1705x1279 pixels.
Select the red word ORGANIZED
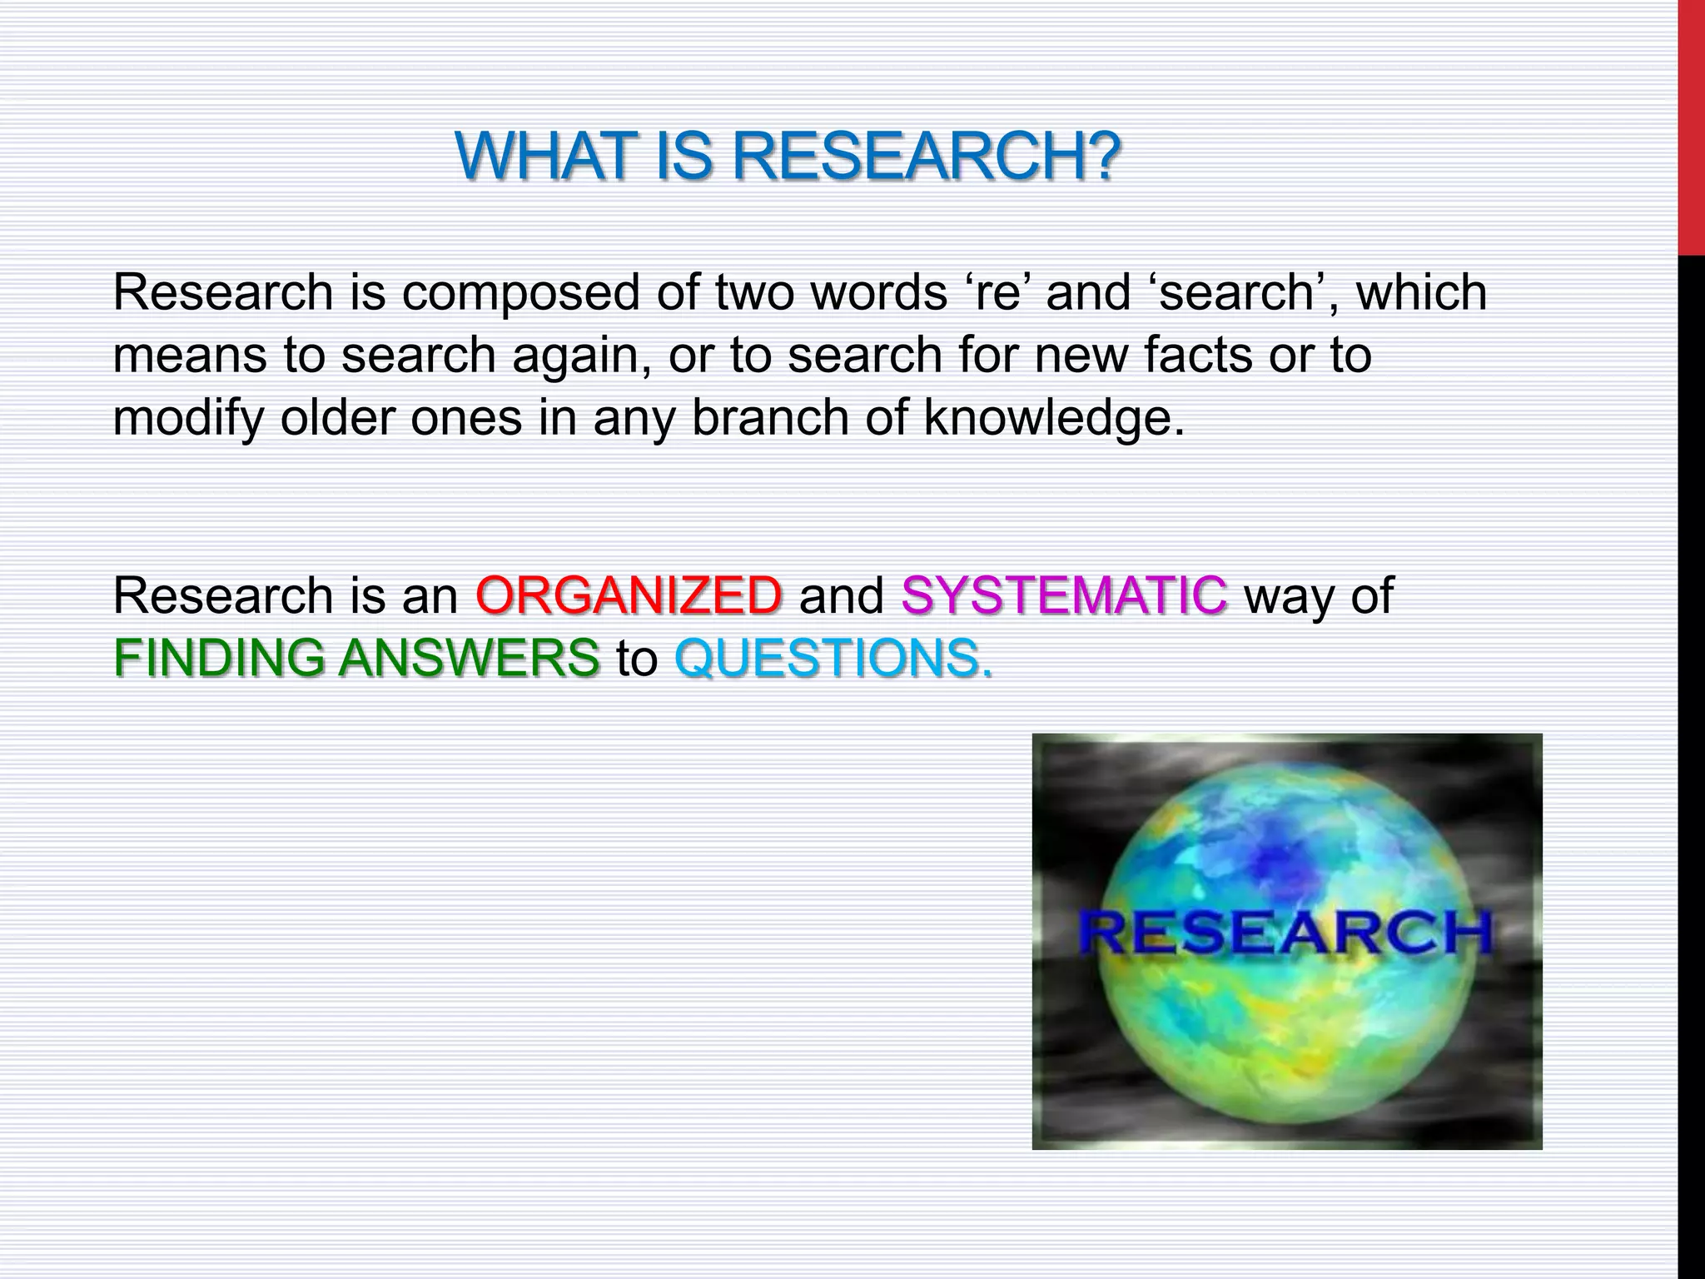click(x=629, y=595)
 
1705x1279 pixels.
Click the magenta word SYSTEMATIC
click(x=1064, y=595)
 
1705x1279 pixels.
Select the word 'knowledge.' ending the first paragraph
click(x=1054, y=417)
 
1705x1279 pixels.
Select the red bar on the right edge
click(x=1691, y=125)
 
